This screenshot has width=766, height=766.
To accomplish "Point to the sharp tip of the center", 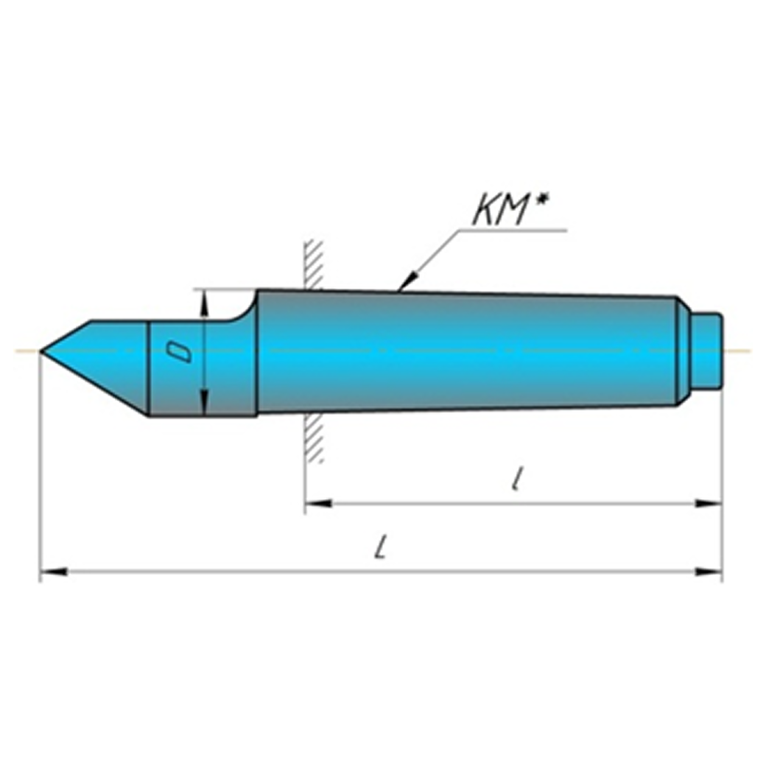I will pos(43,352).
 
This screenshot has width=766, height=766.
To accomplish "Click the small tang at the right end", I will pos(709,351).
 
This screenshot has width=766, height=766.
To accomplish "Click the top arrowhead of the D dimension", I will pos(205,299).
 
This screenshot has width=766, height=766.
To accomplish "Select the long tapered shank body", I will pos(464,351).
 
